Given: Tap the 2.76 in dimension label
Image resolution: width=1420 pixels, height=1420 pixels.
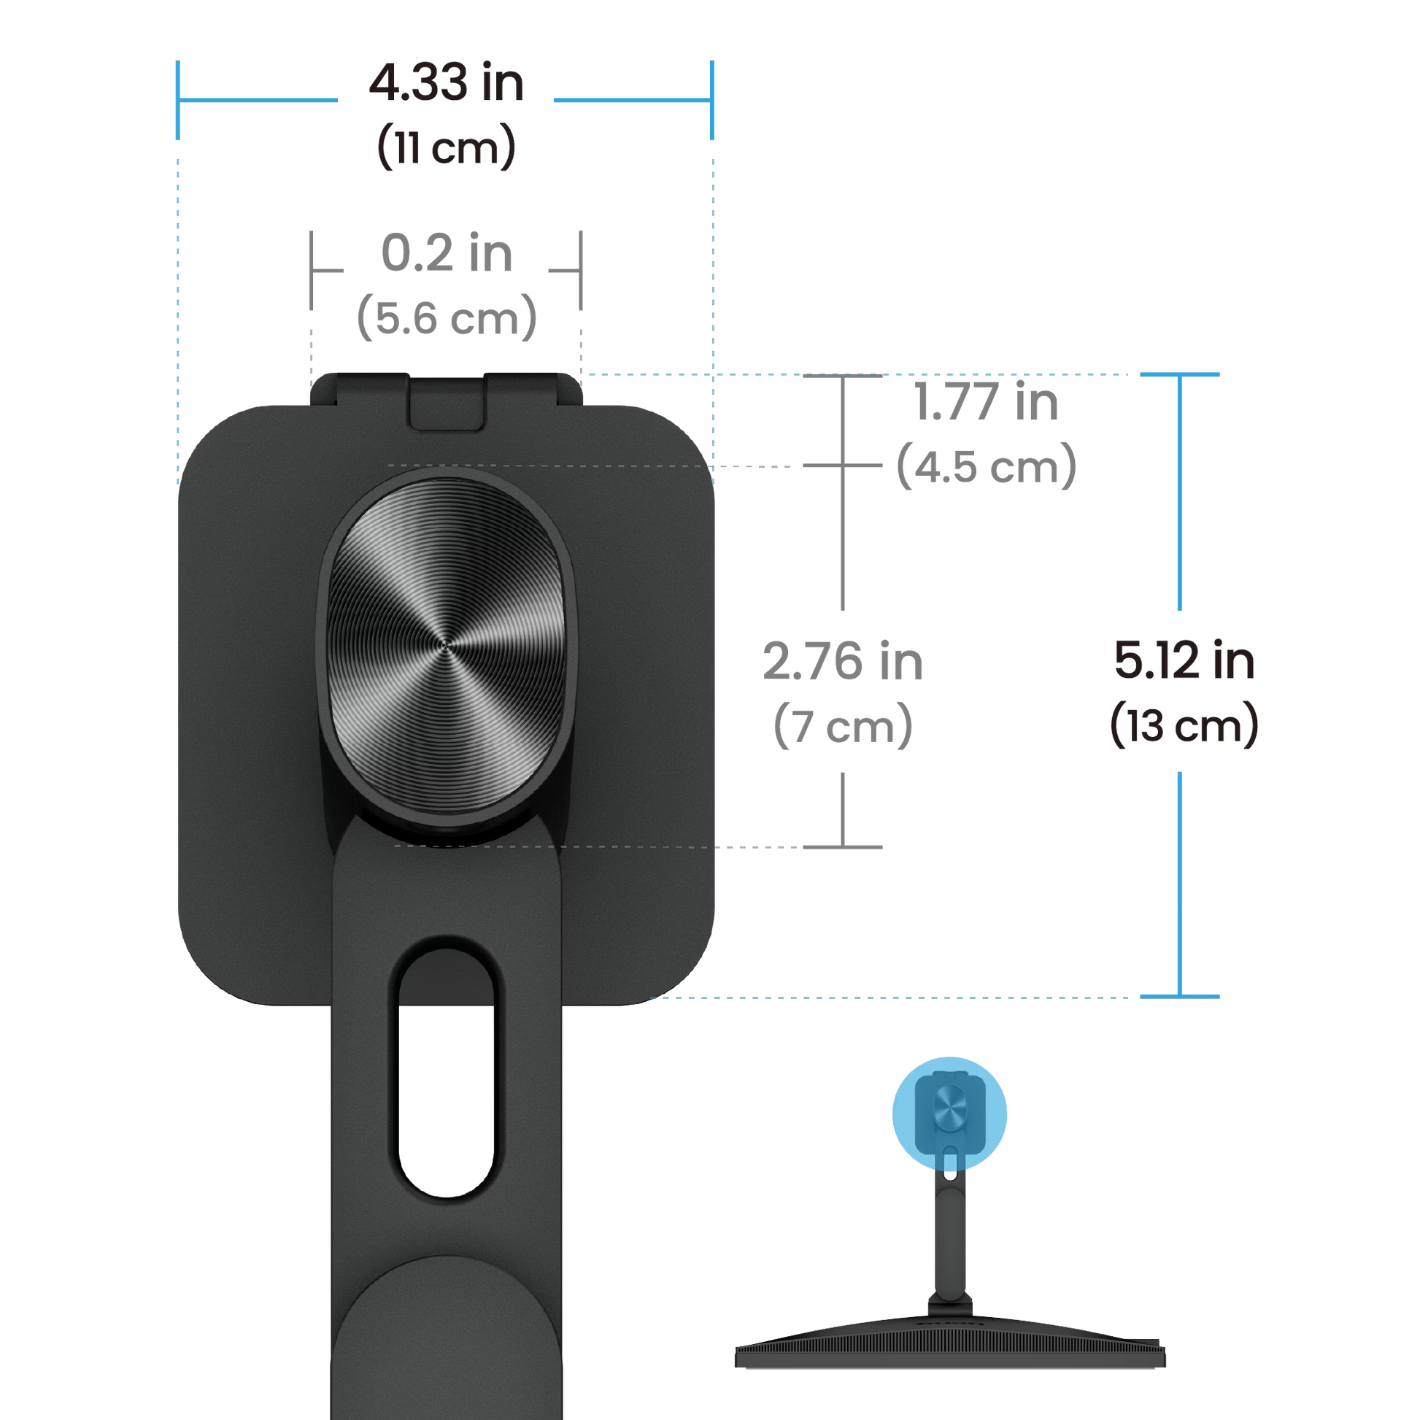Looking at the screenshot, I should click(844, 661).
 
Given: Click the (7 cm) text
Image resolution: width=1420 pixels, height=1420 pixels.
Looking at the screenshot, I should click(844, 725).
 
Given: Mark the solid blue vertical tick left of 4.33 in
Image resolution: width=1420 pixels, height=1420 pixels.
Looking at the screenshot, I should click(177, 100).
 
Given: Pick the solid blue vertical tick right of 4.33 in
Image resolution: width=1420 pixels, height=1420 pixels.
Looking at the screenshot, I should click(711, 100).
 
